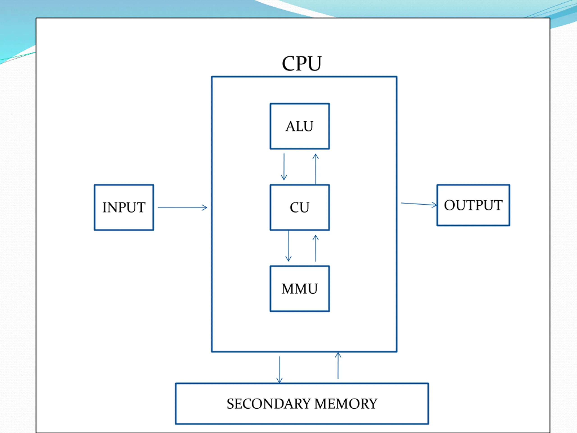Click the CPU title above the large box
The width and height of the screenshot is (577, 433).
pos(302,63)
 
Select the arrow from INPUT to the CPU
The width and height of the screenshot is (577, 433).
pos(182,207)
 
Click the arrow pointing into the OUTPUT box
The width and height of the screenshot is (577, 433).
pos(419,204)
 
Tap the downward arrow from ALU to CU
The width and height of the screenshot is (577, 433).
pos(284,167)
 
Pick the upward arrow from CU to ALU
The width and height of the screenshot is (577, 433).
pos(316,169)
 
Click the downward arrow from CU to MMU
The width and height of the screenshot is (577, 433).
pos(288,246)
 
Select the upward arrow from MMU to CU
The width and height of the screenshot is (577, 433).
pos(316,248)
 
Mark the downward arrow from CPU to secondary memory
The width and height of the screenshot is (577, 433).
pos(279,370)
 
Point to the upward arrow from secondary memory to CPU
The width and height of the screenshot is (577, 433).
pos(338,365)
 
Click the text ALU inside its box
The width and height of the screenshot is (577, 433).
pos(300,127)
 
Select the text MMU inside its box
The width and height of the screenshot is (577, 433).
pos(300,289)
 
